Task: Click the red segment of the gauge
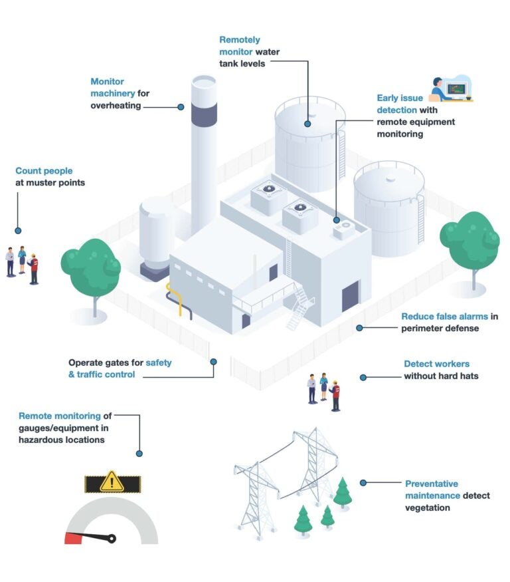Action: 73,538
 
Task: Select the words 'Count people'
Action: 44,171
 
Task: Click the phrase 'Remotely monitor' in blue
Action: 240,46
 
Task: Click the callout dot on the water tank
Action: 307,123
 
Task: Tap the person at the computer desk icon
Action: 439,89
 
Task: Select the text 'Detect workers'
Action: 436,364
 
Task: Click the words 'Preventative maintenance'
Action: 432,490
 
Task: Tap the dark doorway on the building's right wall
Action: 350,297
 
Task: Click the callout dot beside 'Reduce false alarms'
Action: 360,327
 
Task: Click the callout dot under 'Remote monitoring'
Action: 139,453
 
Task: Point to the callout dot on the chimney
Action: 181,106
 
